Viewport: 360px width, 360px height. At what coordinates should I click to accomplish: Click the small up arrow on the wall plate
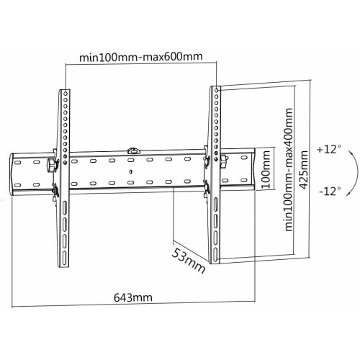pyautogui.click(x=129, y=171)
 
